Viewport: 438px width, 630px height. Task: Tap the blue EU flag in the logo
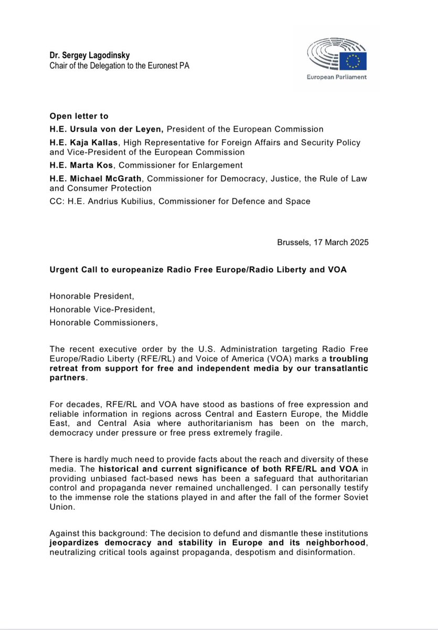353,61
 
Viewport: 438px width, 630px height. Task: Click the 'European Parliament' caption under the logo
337,77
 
